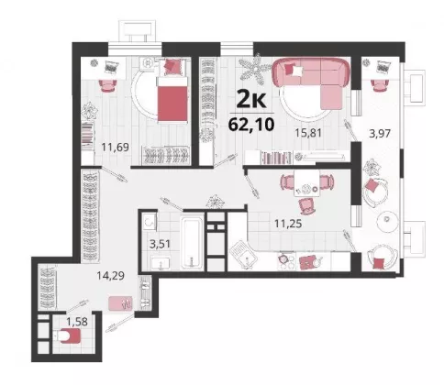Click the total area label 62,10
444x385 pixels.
(x=251, y=124)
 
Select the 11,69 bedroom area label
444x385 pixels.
(x=116, y=148)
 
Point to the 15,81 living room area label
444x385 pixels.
(x=308, y=133)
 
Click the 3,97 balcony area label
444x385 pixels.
(x=380, y=134)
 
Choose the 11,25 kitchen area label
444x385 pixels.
(x=288, y=224)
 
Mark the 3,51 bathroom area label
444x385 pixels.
(x=160, y=244)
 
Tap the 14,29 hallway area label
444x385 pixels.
(x=110, y=276)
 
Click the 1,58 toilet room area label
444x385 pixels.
(x=77, y=322)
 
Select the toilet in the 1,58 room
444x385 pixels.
(x=69, y=335)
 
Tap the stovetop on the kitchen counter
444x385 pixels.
(x=287, y=262)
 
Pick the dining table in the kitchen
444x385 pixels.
(x=306, y=182)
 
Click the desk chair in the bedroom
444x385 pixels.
(x=108, y=85)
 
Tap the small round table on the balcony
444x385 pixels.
(x=387, y=220)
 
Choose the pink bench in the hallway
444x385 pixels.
(x=120, y=303)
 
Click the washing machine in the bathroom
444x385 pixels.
(x=150, y=223)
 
